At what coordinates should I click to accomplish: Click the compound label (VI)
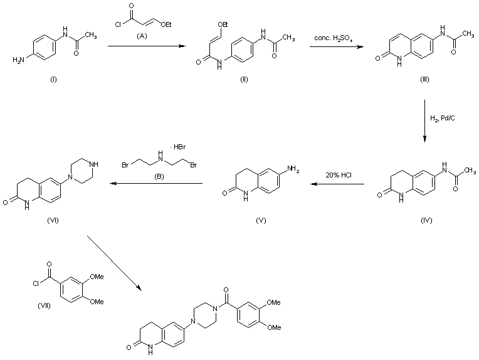(53, 221)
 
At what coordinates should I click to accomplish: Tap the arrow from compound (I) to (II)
(145, 46)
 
